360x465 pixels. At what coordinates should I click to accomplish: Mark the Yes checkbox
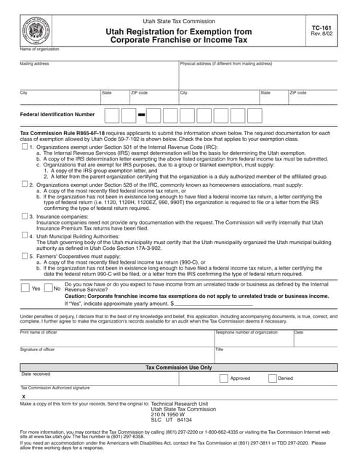coord(25,288)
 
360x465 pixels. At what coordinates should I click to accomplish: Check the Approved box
coord(223,378)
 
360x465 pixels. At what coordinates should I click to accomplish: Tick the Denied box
coord(272,378)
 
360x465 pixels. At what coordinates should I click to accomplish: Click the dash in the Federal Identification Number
coord(142,115)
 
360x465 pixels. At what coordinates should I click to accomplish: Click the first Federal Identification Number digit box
coord(112,115)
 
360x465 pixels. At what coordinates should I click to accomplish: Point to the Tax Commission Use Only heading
coord(179,368)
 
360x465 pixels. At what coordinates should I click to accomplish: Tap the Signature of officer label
coord(38,349)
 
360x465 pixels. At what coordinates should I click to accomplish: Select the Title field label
coord(220,349)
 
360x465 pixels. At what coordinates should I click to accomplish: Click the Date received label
coord(36,374)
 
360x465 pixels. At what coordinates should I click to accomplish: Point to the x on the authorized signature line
coord(23,397)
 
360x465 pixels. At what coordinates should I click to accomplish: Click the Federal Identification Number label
coord(57,114)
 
